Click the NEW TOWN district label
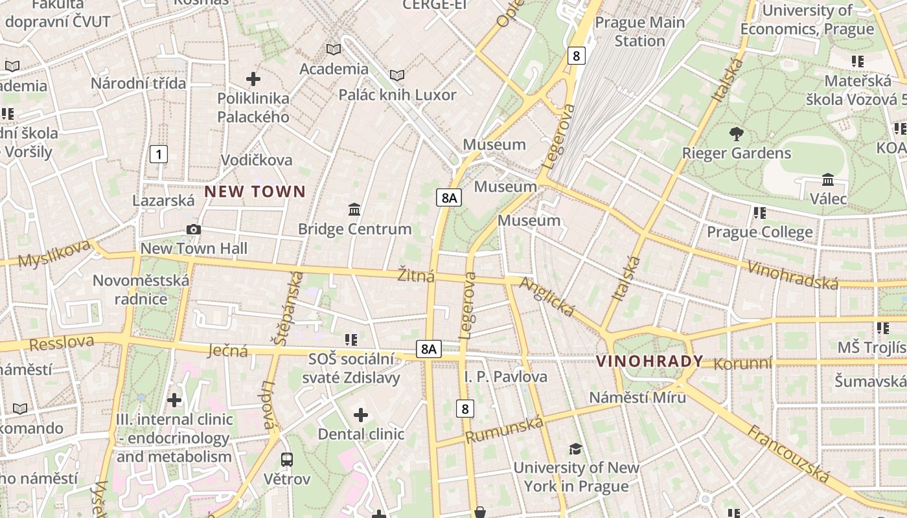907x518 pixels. coord(255,192)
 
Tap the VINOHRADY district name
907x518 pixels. coord(649,361)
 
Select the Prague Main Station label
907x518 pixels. coord(639,31)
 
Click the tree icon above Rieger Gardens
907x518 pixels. coord(736,134)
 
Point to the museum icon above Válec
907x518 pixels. coord(827,179)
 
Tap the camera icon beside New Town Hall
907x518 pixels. coord(193,229)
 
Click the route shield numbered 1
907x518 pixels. coord(158,154)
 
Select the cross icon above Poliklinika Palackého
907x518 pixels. coord(253,79)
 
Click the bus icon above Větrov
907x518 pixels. coord(286,460)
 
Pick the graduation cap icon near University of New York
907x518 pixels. coord(575,449)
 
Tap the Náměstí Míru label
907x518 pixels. coord(637,397)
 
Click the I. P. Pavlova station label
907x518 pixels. coord(505,376)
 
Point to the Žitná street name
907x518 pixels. coord(415,276)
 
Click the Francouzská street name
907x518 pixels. coord(788,454)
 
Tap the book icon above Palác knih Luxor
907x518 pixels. coord(397,76)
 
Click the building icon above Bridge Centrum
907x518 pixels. coord(354,210)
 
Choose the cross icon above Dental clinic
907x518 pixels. coord(361,414)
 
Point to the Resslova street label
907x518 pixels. coord(62,343)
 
